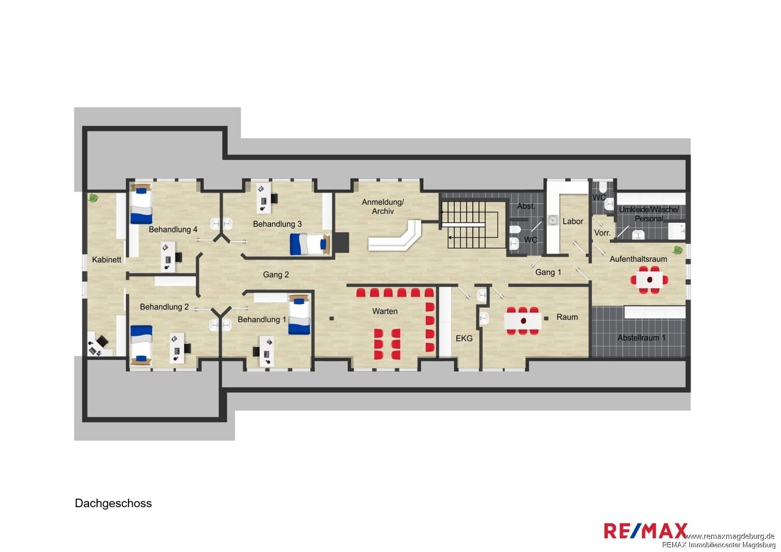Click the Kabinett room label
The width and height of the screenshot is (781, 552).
pos(107,260)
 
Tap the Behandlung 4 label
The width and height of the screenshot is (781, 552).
pos(173,230)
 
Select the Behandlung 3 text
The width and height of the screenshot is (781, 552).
pos(277,224)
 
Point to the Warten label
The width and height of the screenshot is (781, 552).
pos(385,311)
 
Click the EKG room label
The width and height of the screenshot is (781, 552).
pos(464,338)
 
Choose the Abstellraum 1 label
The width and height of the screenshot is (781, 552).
pos(641,337)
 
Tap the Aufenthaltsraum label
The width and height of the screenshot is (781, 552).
pos(638,259)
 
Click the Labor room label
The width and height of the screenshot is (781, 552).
pos(573,221)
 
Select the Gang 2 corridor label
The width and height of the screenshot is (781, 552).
pos(276,275)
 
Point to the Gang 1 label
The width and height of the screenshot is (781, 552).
pos(548,272)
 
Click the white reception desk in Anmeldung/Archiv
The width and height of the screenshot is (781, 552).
pos(395,236)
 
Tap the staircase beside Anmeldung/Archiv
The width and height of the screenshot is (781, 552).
pos(473,225)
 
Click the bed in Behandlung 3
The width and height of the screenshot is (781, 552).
pos(310,244)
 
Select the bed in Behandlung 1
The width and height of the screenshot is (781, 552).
pos(299,314)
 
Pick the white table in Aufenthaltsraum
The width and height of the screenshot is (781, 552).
pos(649,280)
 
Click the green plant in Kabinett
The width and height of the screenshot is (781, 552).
pos(93,198)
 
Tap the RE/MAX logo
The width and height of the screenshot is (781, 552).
pos(646,531)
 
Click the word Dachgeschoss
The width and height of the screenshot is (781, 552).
pos(114,504)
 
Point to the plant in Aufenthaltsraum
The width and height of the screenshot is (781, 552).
pos(677,249)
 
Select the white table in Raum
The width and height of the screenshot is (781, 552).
pos(523,321)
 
